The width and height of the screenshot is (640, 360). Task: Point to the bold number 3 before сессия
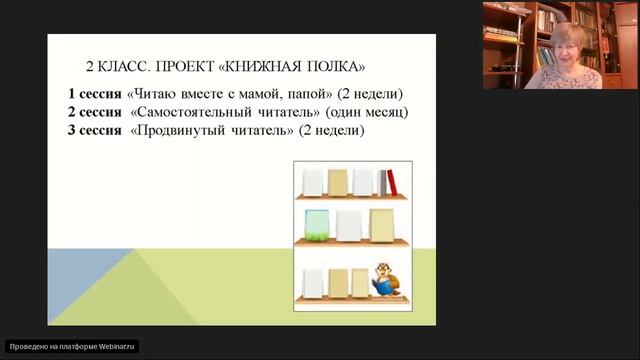[72, 131]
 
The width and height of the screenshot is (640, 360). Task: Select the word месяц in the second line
[383, 112]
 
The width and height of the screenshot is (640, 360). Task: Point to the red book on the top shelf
[391, 183]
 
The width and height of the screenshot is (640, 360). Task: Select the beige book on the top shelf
[338, 182]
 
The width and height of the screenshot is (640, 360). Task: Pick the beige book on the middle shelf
[382, 225]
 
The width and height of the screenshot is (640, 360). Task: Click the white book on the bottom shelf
[313, 283]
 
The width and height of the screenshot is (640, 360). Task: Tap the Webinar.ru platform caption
[72, 346]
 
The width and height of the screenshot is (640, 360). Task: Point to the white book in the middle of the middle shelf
[348, 225]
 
